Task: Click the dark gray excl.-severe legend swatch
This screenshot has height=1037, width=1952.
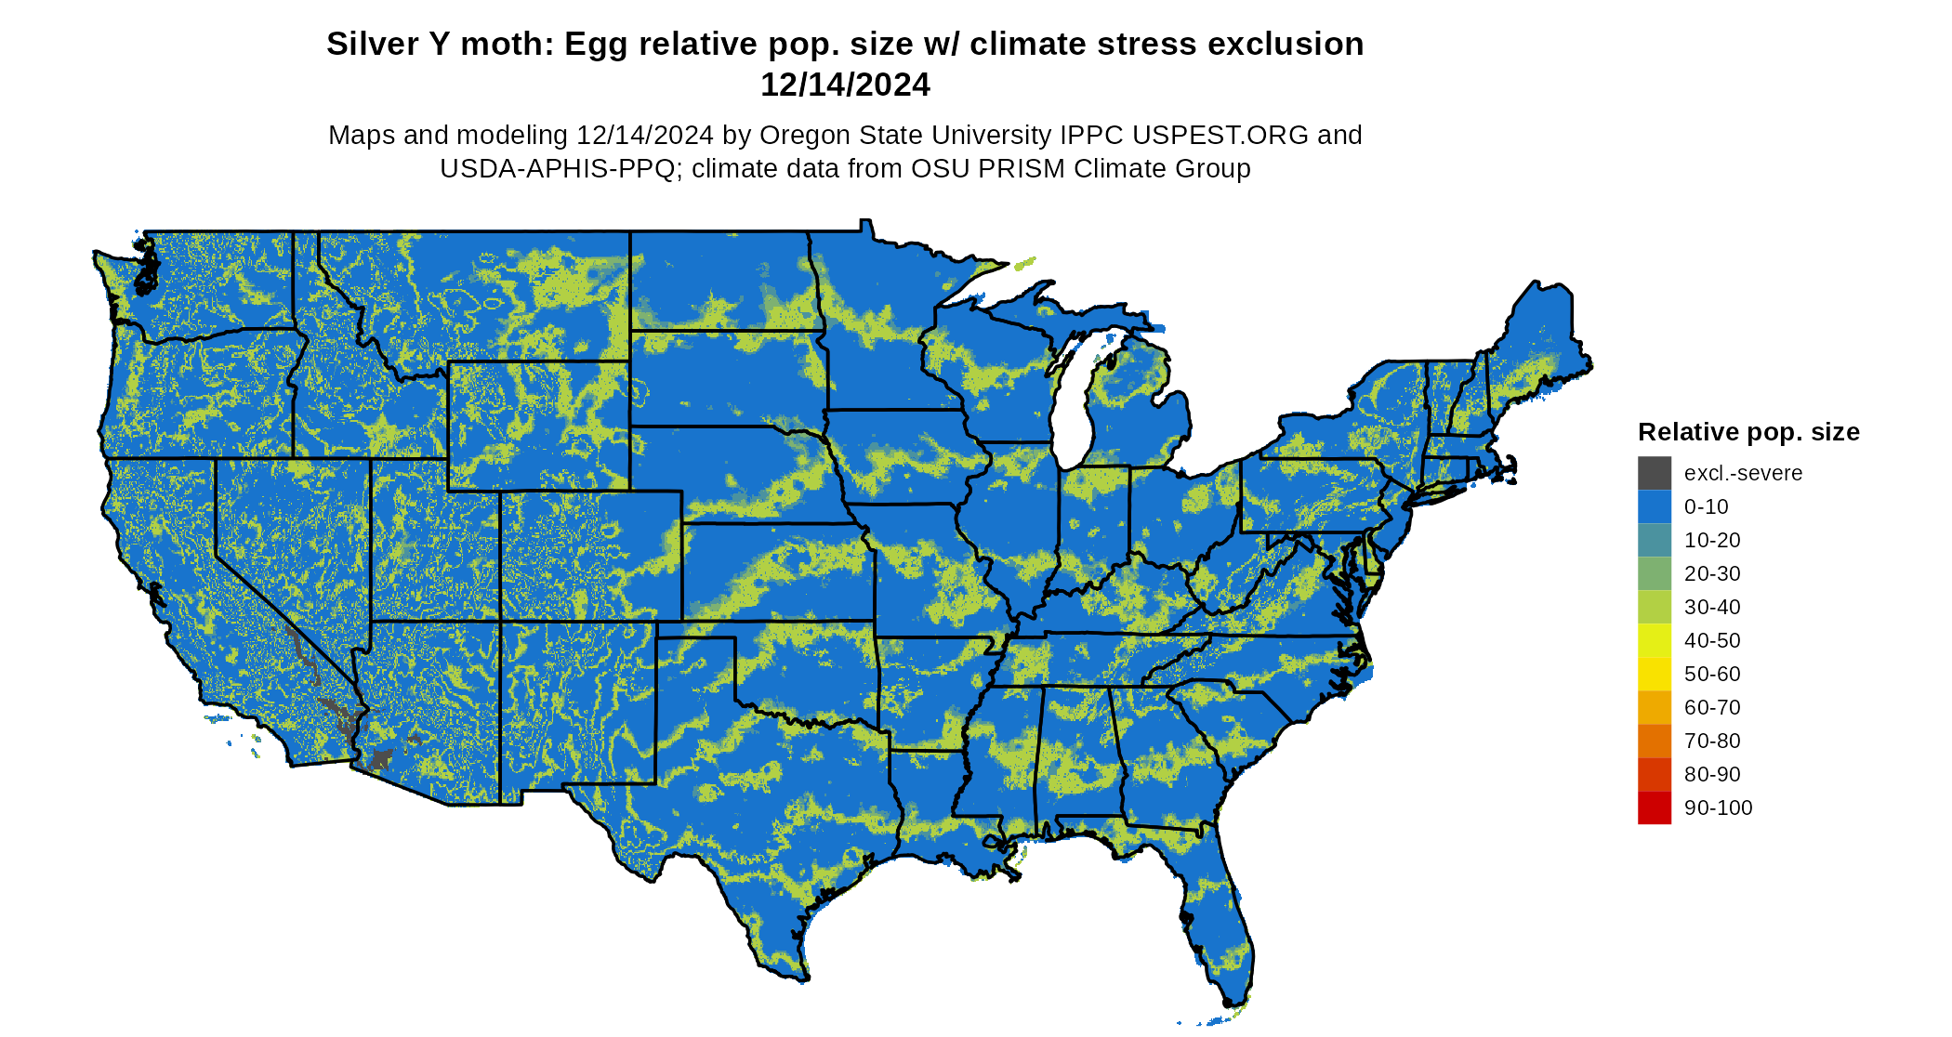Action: click(1654, 473)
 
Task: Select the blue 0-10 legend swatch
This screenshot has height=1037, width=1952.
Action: click(1654, 506)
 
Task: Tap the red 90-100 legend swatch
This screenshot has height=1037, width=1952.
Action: click(1654, 807)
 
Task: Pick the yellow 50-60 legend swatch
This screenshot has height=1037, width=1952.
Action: click(1654, 674)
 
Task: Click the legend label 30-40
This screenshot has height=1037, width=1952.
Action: click(1712, 607)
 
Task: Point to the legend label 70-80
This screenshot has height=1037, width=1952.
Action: click(1712, 741)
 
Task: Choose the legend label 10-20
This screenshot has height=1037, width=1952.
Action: click(1712, 540)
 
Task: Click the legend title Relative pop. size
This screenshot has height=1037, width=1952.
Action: click(1748, 432)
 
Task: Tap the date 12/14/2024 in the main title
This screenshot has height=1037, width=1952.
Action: click(845, 85)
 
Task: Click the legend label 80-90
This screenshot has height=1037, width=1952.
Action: click(1712, 774)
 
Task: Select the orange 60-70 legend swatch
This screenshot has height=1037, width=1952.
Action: click(1654, 707)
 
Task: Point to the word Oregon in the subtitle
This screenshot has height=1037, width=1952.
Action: click(806, 135)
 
